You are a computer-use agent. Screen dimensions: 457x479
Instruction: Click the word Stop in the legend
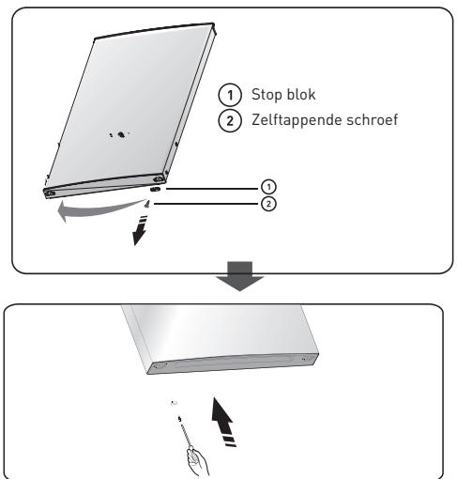[267, 95]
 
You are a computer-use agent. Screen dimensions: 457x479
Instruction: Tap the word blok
[300, 94]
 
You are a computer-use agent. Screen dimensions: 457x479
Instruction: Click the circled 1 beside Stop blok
[230, 95]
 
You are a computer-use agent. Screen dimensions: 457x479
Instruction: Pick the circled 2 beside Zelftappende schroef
[230, 120]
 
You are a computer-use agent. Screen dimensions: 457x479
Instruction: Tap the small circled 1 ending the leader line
[268, 187]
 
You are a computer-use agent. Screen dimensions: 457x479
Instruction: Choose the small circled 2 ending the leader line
[268, 204]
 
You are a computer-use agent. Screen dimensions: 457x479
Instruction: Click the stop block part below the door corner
[155, 189]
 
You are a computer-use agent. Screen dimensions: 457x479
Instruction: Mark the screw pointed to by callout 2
[147, 204]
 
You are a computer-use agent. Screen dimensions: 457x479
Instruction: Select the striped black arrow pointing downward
[140, 230]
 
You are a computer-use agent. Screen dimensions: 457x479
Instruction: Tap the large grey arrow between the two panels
[239, 276]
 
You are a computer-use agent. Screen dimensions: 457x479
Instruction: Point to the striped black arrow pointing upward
[223, 421]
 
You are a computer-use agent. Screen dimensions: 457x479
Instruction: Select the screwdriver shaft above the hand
[186, 434]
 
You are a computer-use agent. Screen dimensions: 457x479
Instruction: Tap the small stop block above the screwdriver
[174, 403]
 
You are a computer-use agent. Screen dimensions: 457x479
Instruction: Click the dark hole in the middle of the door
[121, 135]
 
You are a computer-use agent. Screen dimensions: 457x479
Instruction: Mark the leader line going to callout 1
[213, 189]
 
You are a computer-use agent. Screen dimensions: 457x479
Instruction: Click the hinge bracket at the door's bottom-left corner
[50, 193]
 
